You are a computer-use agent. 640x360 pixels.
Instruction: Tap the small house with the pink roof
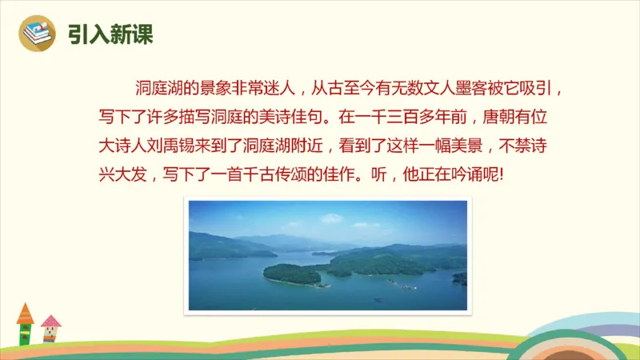tap(50, 328)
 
